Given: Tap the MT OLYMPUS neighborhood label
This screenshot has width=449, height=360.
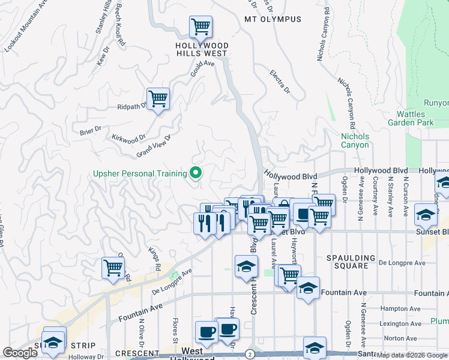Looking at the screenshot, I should point(273,19).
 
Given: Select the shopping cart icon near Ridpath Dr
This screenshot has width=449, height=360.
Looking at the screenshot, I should point(158,98).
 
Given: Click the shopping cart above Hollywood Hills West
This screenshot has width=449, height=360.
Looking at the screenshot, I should point(200,26).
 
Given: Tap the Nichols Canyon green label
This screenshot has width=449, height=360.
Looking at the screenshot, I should point(355,140).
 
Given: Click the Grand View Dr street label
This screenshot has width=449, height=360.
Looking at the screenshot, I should point(154,145).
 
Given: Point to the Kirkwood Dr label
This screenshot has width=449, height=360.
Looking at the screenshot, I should point(128,137).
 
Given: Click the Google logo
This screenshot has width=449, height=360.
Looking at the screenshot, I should point(20,353).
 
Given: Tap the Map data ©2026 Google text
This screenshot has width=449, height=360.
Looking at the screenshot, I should point(412,355).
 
